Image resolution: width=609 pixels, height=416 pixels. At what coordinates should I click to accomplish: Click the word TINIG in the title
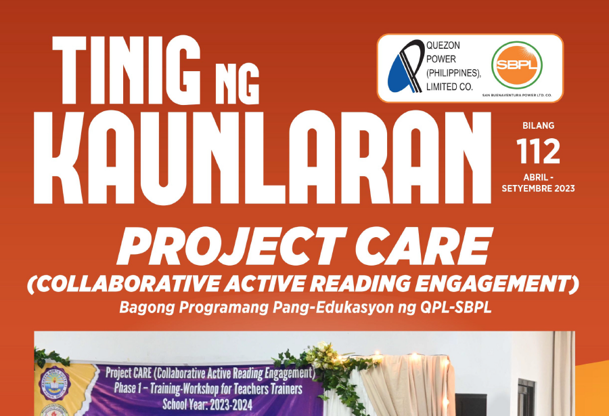tap(127, 70)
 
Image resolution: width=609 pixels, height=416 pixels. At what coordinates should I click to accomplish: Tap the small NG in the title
tap(237, 83)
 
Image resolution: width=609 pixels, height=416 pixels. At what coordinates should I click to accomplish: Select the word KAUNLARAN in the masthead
tap(262, 157)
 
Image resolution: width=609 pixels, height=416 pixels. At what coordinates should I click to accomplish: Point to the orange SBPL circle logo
tap(516, 64)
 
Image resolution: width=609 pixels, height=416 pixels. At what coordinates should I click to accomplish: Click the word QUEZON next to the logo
tap(443, 45)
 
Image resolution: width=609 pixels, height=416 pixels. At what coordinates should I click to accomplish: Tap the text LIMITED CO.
tap(450, 87)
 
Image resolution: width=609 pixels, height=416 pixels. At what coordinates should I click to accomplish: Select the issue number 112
tap(538, 151)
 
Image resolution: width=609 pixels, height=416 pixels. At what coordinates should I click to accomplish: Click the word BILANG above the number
tap(539, 125)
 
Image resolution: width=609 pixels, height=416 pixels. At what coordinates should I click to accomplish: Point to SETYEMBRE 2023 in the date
tap(539, 188)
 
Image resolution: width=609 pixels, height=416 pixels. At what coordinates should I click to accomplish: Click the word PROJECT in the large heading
tap(232, 246)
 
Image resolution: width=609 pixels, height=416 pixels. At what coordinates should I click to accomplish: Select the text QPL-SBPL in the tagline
tap(456, 308)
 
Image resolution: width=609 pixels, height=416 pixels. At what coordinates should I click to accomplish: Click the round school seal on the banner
tap(55, 383)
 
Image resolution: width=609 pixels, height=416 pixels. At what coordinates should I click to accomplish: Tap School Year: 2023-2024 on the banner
tap(208, 404)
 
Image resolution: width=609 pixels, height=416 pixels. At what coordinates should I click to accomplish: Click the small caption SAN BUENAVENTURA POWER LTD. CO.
tap(516, 96)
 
